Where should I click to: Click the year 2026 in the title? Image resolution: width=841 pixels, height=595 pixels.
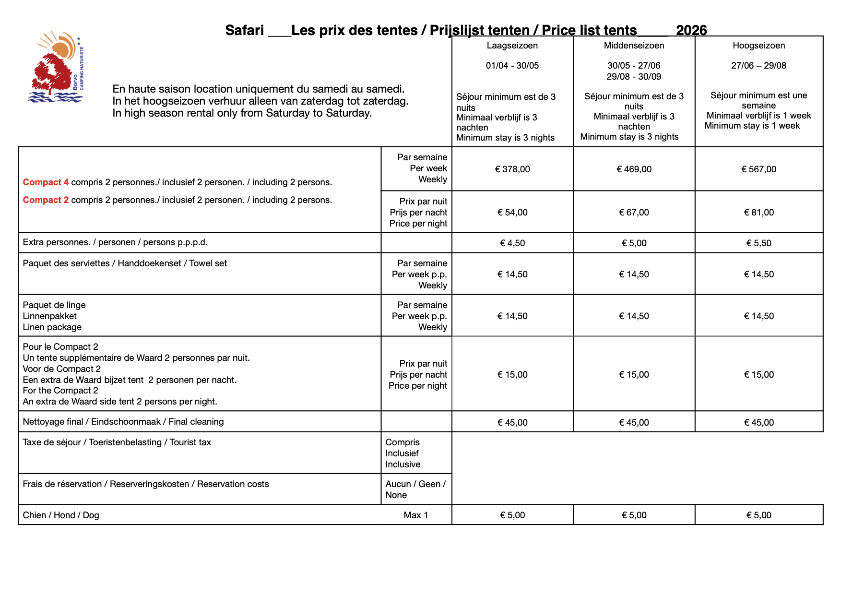[x=691, y=30]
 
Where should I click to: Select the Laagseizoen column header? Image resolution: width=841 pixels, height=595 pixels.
[x=512, y=46]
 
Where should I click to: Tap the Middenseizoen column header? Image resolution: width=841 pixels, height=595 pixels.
[x=634, y=46]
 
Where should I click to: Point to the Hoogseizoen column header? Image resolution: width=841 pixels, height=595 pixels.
[x=758, y=46]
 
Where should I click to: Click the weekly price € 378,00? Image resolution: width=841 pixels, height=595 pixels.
[x=512, y=169]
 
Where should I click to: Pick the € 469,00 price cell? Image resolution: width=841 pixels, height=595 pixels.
[x=634, y=169]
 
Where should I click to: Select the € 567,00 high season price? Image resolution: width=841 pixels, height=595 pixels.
[x=758, y=169]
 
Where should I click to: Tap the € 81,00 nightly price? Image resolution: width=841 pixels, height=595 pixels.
[x=758, y=212]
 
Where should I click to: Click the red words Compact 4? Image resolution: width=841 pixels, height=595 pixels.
[x=46, y=182]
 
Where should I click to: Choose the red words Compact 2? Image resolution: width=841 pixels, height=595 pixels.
[x=46, y=200]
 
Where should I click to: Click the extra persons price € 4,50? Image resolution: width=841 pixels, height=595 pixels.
[x=512, y=243]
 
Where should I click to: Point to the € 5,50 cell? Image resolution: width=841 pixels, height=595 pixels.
[x=758, y=243]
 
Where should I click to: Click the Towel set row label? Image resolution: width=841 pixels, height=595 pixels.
[x=125, y=263]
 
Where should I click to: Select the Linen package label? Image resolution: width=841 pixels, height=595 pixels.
[x=52, y=327]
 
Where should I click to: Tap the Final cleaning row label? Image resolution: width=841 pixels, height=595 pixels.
[x=123, y=422]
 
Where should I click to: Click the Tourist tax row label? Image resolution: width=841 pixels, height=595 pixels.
[x=117, y=442]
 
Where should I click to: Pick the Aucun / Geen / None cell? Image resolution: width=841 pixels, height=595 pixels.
[x=415, y=489]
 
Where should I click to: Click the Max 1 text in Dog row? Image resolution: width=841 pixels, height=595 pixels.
[x=415, y=515]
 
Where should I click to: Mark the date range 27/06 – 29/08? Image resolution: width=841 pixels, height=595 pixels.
[x=758, y=66]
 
